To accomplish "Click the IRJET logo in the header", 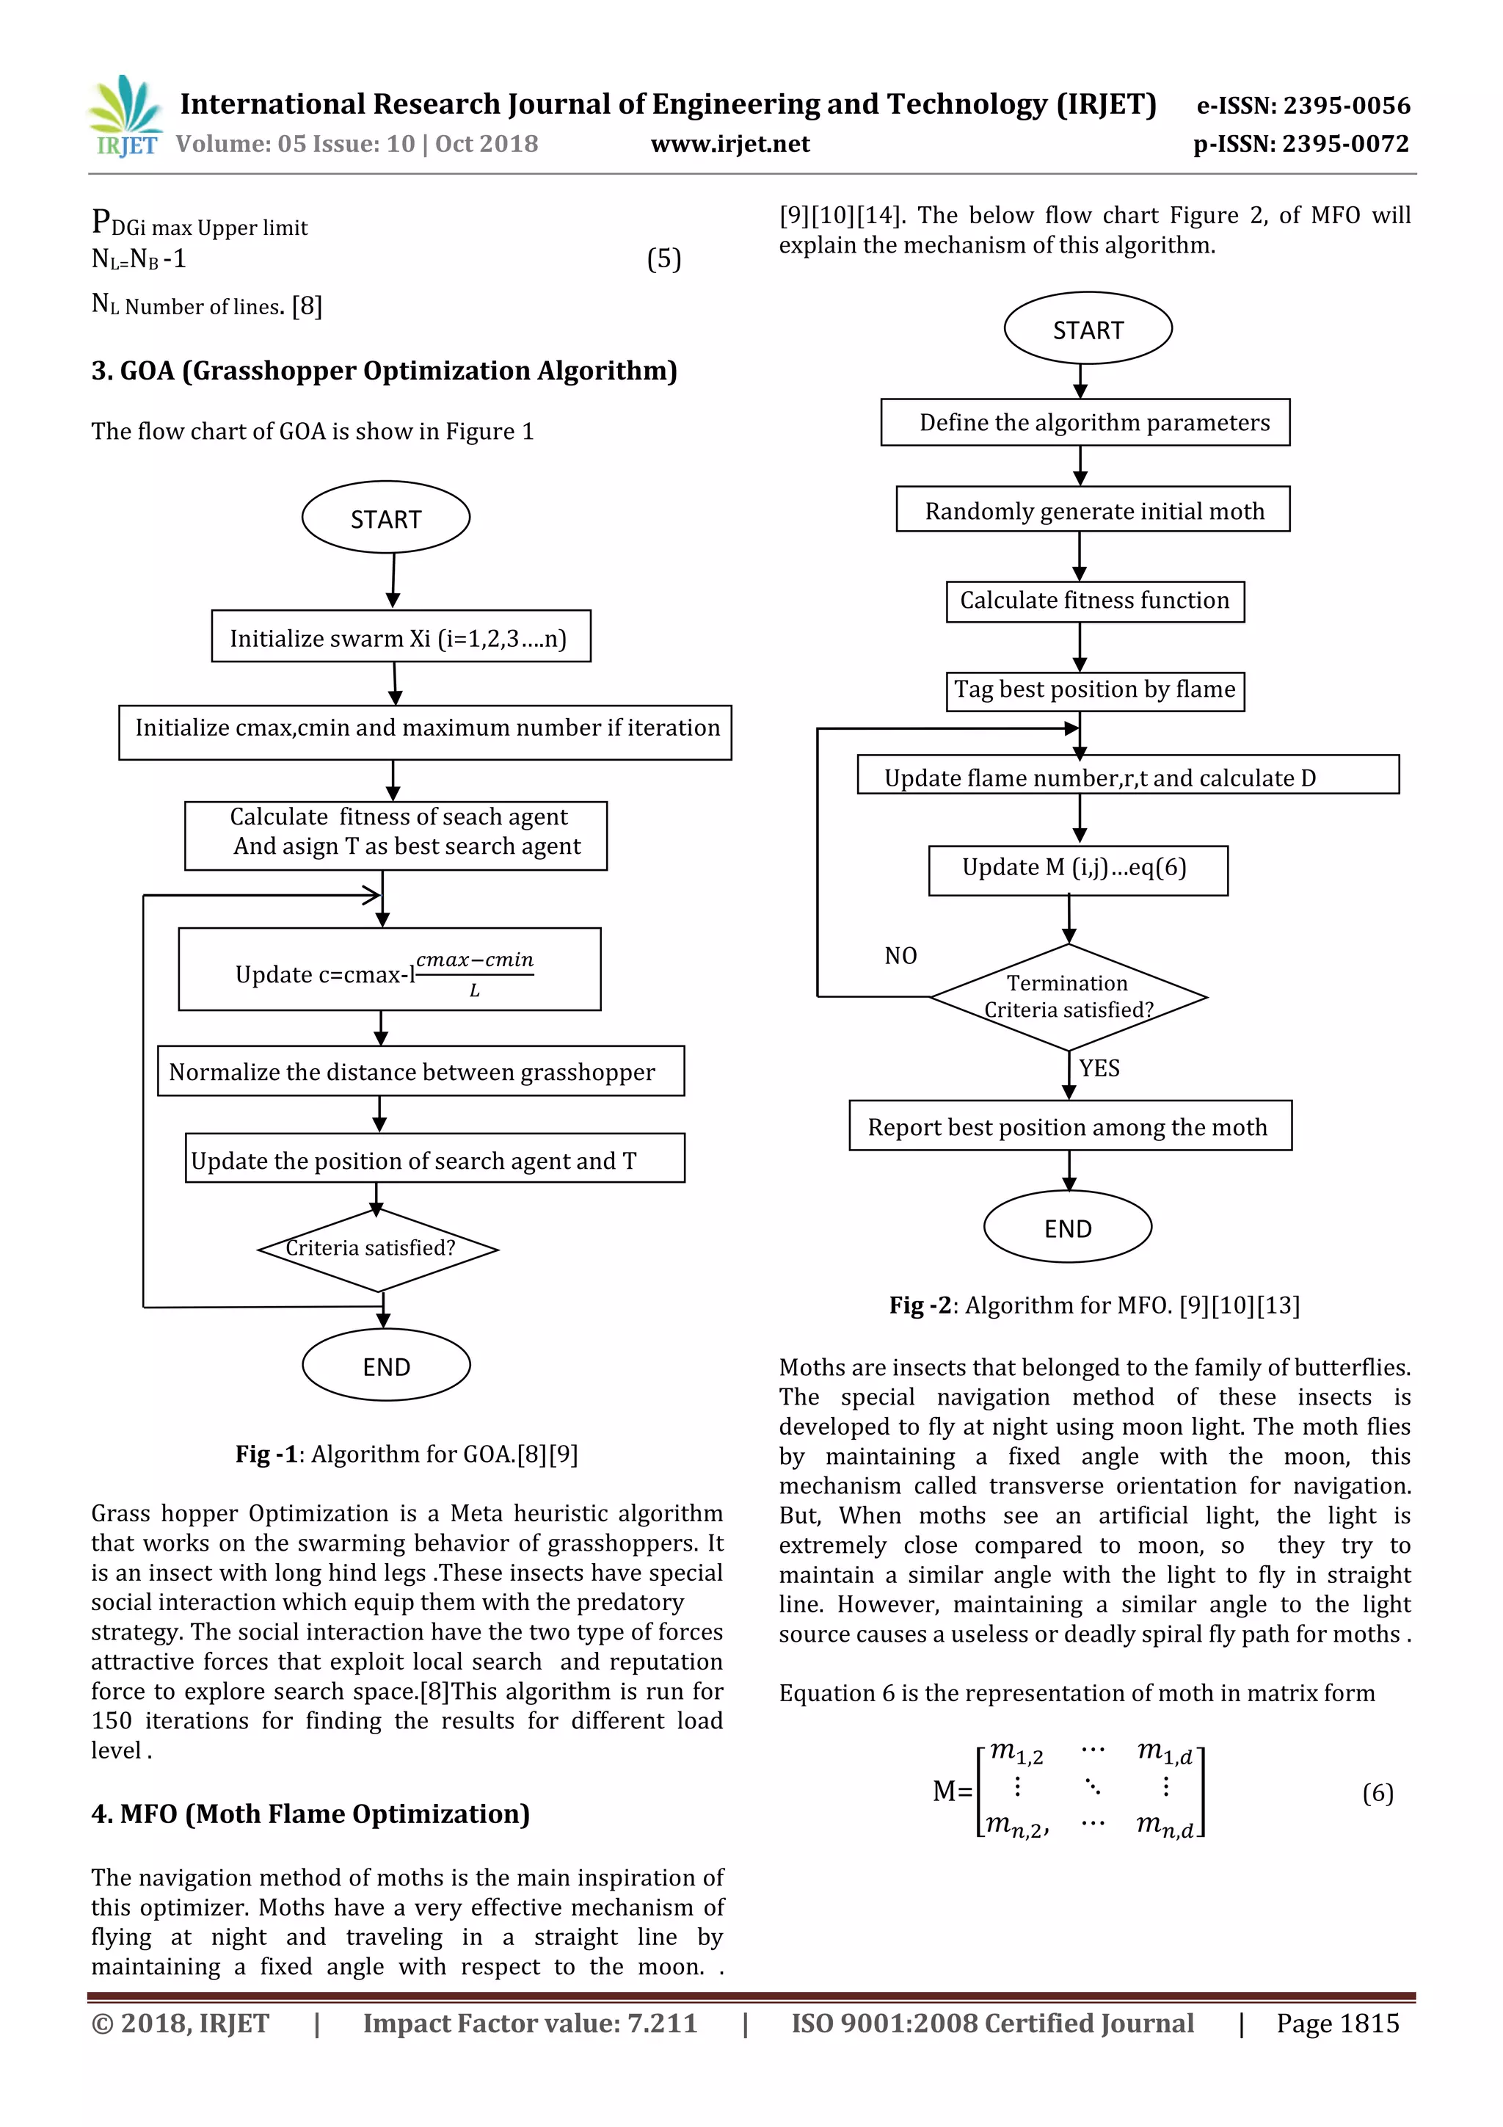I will click(x=125, y=117).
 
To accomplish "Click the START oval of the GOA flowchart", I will click(x=385, y=518).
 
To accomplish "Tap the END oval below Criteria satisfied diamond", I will click(x=385, y=1366).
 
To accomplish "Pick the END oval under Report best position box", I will click(x=1067, y=1228).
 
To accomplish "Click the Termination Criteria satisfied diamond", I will click(x=1068, y=997).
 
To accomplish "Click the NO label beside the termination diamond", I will click(x=900, y=955).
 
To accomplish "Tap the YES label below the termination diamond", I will click(x=1099, y=1068).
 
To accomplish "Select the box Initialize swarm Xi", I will click(x=400, y=637).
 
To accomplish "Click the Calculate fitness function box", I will click(x=1095, y=601).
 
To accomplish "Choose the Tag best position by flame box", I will click(x=1095, y=690).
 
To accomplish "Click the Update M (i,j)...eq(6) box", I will click(x=1077, y=869).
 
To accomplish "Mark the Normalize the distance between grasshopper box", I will click(x=421, y=1071).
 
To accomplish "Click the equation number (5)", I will click(x=663, y=258).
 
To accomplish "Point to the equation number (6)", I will click(x=1377, y=1793).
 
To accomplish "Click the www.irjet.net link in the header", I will click(x=729, y=144).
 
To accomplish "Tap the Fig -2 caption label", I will click(x=920, y=1305).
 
